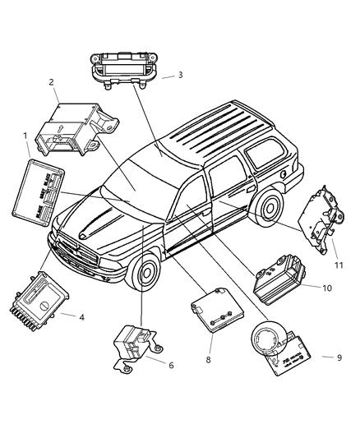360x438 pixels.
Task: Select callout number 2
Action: [x=52, y=82]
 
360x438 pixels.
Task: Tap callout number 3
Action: [x=180, y=76]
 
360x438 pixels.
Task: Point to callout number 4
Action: [x=79, y=316]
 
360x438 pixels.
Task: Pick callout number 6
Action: [x=170, y=365]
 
